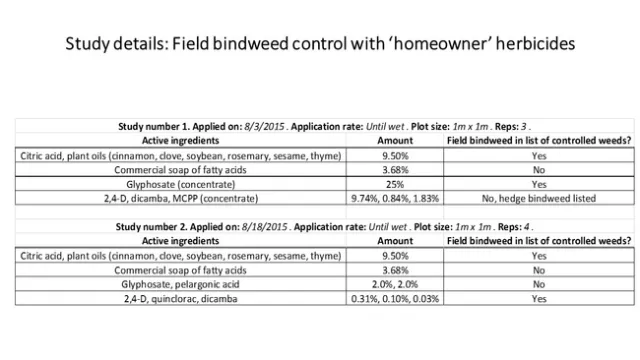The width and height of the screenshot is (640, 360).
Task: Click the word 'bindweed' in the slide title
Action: coord(265,44)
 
